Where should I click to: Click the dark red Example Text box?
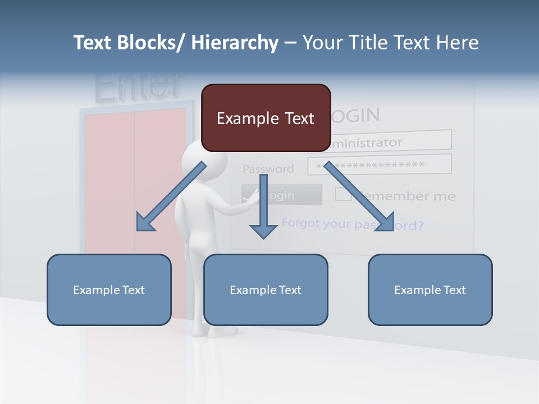(x=266, y=118)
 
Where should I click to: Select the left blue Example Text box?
(x=109, y=290)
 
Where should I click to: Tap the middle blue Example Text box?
(x=266, y=290)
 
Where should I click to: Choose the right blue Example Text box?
(x=430, y=290)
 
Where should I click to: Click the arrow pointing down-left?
(x=171, y=196)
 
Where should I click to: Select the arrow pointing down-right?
(x=359, y=196)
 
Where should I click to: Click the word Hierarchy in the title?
(x=235, y=43)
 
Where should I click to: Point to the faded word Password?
(x=268, y=169)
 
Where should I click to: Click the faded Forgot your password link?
(x=352, y=224)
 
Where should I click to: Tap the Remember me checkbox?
(x=343, y=195)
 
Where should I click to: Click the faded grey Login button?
(x=282, y=195)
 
